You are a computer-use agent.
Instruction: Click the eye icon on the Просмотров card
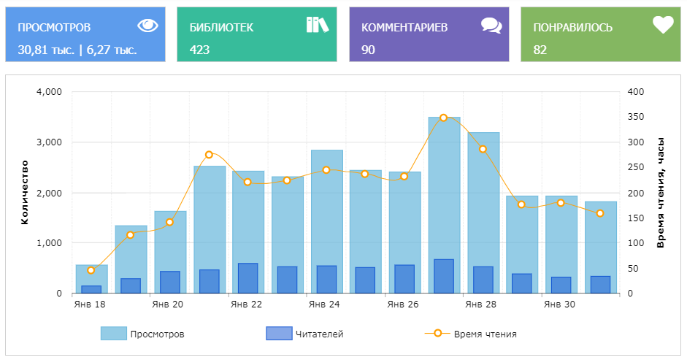(x=147, y=26)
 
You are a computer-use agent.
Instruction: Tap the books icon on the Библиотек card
(x=318, y=25)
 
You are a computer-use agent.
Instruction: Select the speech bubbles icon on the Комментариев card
(x=491, y=26)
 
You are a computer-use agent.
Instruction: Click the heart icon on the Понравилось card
(x=662, y=26)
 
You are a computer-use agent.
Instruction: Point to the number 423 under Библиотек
(x=199, y=50)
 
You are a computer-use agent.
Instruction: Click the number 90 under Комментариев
(x=368, y=50)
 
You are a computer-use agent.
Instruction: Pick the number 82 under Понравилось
(x=540, y=50)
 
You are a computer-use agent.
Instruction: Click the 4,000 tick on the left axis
(x=50, y=92)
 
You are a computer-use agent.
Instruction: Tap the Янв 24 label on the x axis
(x=324, y=305)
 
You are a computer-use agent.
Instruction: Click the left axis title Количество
(x=25, y=192)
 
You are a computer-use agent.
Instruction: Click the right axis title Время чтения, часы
(x=660, y=192)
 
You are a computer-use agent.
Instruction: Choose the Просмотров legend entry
(x=142, y=334)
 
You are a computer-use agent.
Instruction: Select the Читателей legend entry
(x=305, y=334)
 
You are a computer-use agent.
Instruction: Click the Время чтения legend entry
(x=471, y=334)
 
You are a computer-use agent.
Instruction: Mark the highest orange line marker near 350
(x=443, y=118)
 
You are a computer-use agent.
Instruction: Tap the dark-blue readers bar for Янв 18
(x=91, y=289)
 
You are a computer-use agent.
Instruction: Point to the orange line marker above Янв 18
(x=91, y=270)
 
